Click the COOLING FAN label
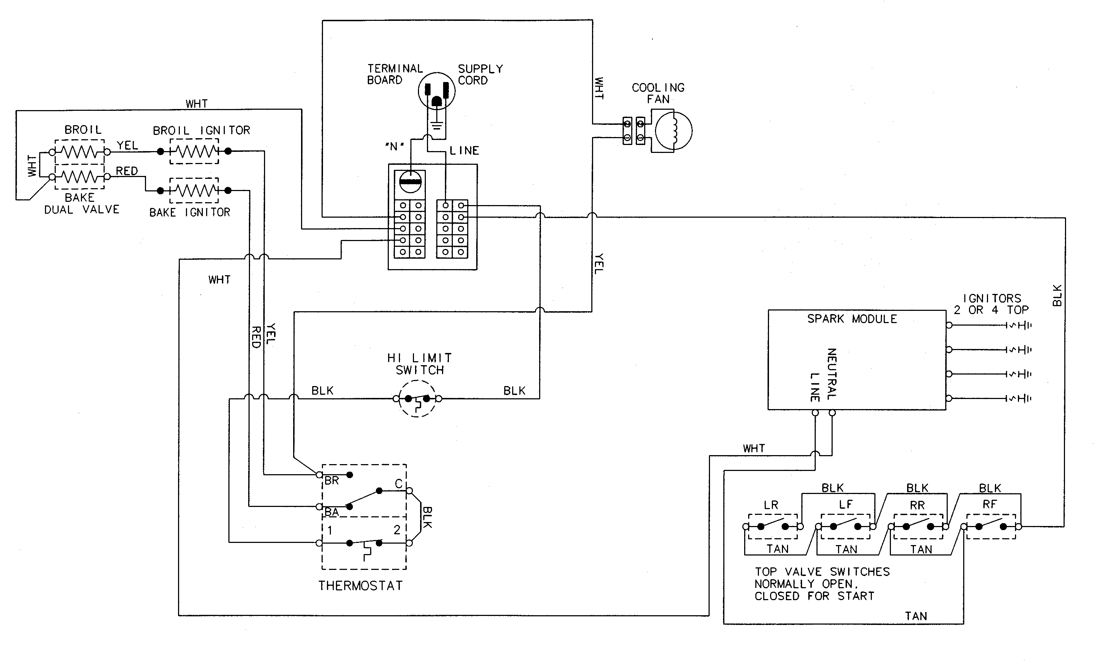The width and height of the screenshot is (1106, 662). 658,93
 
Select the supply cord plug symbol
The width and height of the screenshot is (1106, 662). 436,91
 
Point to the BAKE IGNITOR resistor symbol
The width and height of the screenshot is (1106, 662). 194,190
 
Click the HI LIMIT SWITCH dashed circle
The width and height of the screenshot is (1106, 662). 417,398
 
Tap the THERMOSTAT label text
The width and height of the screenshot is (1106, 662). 360,586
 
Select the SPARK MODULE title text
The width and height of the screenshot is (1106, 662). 852,319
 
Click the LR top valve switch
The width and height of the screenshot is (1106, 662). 773,526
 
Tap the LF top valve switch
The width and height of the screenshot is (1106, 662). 845,526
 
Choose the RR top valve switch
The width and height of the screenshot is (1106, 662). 918,526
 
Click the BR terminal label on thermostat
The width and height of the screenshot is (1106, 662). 331,480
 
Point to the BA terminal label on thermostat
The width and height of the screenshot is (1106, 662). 331,512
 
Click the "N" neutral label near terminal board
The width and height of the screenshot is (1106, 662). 394,146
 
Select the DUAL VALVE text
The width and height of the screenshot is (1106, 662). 82,210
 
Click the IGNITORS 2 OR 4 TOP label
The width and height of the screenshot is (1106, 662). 991,304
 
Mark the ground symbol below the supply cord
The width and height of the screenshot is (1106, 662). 437,126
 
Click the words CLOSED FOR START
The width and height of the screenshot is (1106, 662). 814,596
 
